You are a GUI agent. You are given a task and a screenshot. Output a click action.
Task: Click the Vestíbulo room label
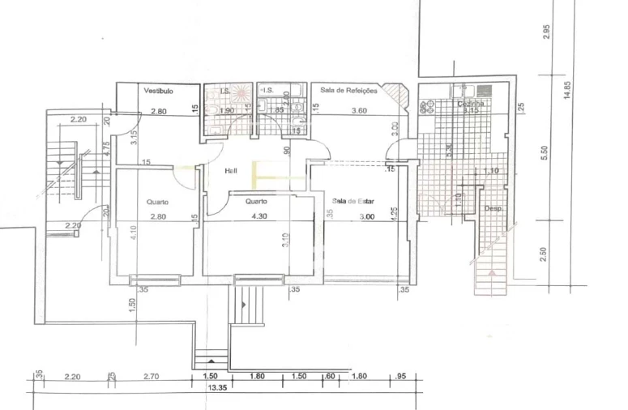pos(159,91)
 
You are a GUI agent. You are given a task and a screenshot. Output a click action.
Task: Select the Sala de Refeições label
pos(348,90)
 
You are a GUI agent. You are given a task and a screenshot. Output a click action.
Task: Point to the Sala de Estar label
pos(356,199)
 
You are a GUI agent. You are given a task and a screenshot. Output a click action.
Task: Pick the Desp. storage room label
pos(493,208)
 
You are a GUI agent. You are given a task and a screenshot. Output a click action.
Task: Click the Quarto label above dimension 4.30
pos(257,202)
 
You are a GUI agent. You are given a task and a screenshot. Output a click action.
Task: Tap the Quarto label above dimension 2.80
pos(157,202)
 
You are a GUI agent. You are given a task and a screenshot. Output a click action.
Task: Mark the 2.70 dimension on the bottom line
pos(152,376)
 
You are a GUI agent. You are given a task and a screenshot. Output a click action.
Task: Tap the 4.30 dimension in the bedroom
pos(259,216)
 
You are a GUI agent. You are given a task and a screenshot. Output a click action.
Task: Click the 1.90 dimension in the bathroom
pos(227,110)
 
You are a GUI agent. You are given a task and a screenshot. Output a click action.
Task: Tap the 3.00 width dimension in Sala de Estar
pos(366,216)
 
